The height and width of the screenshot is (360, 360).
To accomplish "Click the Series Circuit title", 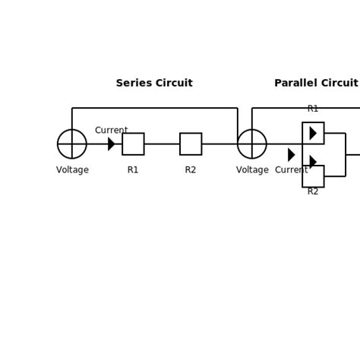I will click(154, 84).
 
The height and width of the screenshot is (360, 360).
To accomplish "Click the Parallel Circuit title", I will click(316, 84).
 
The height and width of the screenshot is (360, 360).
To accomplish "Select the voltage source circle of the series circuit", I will click(72, 144).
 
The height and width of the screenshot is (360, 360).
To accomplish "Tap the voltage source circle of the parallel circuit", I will click(252, 144).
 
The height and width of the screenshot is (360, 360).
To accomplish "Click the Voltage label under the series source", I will click(72, 170).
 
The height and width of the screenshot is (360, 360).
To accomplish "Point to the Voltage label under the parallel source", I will click(252, 170).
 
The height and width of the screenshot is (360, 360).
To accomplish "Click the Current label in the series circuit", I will click(111, 131).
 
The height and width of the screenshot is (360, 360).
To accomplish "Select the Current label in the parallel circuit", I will click(292, 170).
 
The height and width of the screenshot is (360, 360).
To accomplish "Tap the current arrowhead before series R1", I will click(111, 144).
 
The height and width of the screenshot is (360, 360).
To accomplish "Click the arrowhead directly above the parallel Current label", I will click(291, 155).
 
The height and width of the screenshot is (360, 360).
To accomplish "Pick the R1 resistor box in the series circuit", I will click(133, 144).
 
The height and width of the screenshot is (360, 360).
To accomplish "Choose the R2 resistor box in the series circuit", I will click(191, 144).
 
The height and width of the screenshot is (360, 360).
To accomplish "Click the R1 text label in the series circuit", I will click(133, 170).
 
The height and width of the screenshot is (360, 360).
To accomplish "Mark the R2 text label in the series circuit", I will click(191, 170).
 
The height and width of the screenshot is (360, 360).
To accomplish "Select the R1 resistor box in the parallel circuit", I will click(313, 133).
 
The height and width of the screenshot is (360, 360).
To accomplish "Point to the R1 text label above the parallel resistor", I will click(313, 109).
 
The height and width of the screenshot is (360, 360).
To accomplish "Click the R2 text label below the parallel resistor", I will click(313, 192).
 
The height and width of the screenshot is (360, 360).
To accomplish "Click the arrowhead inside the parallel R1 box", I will click(313, 133).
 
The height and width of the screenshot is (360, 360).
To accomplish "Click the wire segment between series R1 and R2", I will click(162, 144).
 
